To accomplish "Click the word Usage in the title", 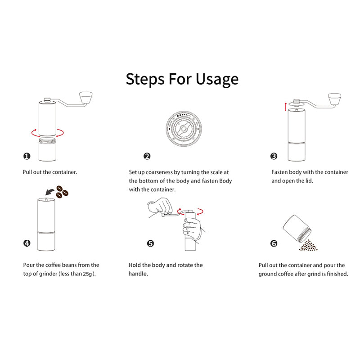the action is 217,79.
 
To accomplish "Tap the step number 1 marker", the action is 27,156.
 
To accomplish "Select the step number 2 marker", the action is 147,156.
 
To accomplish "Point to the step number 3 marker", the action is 274,156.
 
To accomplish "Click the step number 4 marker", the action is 27,243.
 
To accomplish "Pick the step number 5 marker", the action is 150,243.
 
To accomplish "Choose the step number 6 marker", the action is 274,243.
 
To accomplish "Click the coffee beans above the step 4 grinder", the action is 62,192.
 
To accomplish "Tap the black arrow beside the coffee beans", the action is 49,192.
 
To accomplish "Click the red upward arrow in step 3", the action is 286,107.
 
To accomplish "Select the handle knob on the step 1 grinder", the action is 85,97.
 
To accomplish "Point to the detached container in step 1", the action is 47,149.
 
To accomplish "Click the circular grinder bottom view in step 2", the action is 184,129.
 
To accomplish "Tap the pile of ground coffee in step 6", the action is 308,245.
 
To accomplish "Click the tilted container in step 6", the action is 297,229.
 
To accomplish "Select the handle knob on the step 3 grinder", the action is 334,99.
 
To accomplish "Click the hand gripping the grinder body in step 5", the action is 193,229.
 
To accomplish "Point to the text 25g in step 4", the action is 87,274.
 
